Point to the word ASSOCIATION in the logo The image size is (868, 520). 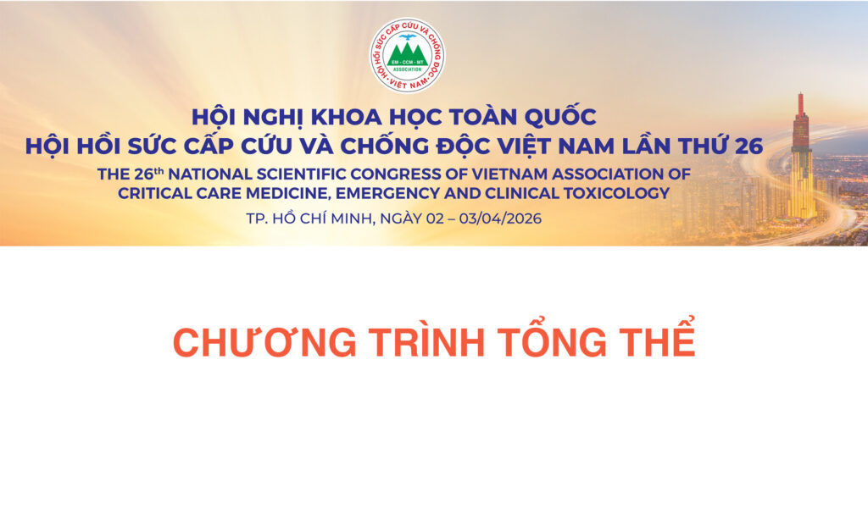pos(407,71)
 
